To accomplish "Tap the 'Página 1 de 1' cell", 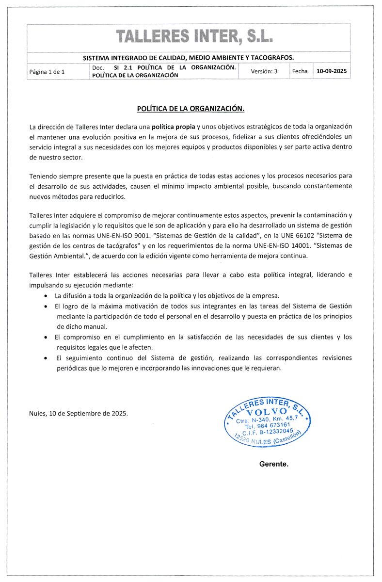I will point(47,72).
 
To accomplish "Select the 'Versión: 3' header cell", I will point(264,71).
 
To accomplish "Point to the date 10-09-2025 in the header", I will point(332,71).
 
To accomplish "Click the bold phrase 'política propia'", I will point(173,127).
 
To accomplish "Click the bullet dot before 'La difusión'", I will point(46,296).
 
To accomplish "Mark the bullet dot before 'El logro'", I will point(46,307).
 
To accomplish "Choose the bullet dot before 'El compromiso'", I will point(46,337).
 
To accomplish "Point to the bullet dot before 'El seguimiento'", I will point(46,358).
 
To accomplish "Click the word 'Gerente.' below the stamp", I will point(274,464).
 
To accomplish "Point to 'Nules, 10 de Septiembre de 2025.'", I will point(79,414).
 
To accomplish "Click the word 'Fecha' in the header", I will point(300,71).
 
